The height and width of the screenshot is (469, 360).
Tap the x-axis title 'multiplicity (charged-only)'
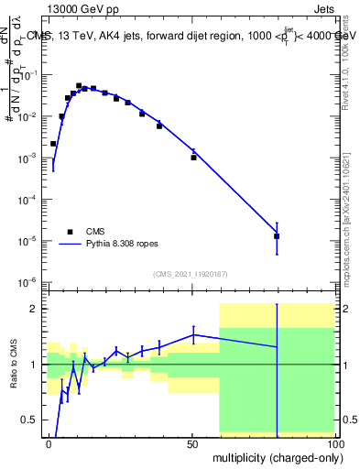coord(274,455)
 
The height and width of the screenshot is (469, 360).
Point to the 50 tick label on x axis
coord(192,443)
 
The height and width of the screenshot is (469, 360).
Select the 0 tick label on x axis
coord(49,443)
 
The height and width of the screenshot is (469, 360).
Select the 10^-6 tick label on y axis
coord(28,282)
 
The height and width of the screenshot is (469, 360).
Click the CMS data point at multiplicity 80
coord(277,236)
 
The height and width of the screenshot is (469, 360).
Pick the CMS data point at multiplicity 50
coord(193,158)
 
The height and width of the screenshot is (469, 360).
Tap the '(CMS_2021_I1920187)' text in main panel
coord(190,273)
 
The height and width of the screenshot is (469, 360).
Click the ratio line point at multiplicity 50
coord(193,334)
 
